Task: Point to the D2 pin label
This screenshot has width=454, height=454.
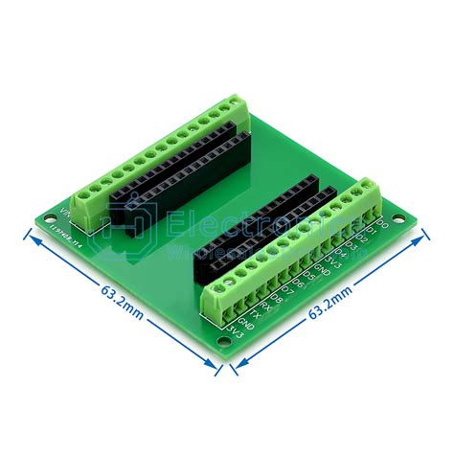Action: [360, 239]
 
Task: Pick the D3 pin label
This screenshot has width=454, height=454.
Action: [350, 248]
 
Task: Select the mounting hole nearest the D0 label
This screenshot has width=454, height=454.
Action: [411, 227]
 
